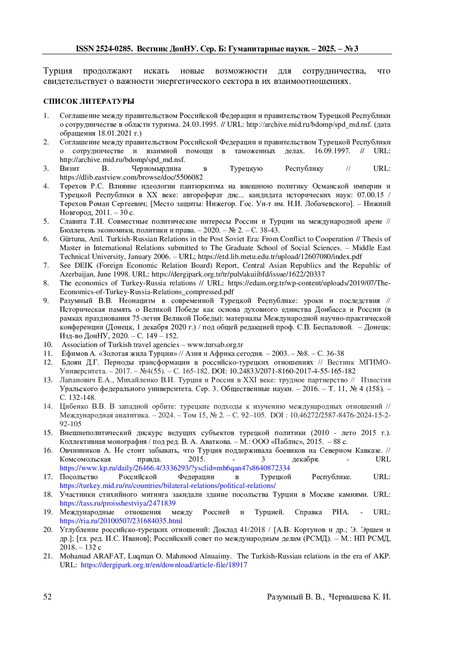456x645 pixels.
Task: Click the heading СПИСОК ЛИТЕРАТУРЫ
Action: click(89, 101)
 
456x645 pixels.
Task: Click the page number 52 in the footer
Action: click(47, 596)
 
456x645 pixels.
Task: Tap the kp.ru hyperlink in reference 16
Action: click(175, 468)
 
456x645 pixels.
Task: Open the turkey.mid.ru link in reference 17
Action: click(168, 485)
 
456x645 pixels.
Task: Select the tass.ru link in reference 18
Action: click(117, 503)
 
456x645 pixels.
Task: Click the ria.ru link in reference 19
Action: click(121, 521)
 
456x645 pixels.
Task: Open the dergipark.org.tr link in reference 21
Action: click(164, 565)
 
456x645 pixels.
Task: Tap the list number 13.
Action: click(48, 380)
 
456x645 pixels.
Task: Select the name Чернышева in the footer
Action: click(349, 597)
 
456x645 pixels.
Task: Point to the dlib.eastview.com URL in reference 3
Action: click(131, 177)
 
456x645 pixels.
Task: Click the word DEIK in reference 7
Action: click(81, 265)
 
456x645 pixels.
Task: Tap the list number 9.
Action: click(46, 301)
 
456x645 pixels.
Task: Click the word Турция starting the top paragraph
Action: click(58, 71)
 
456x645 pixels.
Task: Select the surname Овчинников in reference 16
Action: click(80, 450)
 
